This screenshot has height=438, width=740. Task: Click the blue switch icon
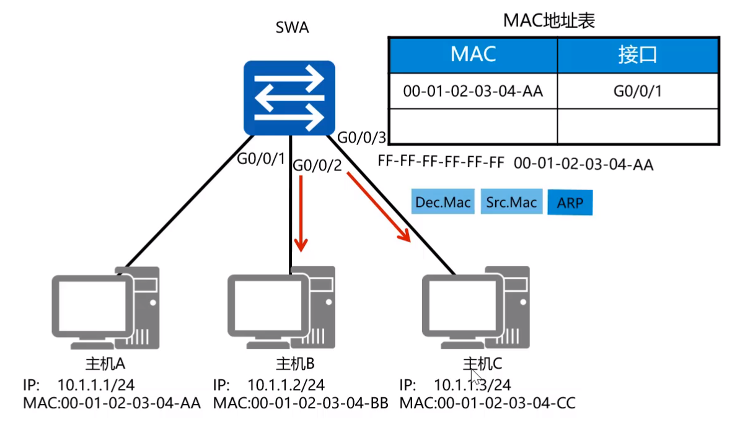pos(289,98)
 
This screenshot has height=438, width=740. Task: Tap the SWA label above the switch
pos(292,28)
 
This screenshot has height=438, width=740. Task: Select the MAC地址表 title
pos(549,21)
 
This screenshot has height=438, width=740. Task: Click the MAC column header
pos(473,55)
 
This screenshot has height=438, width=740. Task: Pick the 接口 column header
pos(637,55)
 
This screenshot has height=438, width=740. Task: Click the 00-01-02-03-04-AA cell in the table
pos(473,92)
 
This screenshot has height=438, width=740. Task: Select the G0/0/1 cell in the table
pos(638,92)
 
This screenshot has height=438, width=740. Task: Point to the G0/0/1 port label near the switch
pos(261,159)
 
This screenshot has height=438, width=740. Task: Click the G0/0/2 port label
pos(317,165)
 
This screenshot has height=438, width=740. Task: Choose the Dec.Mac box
pos(443,203)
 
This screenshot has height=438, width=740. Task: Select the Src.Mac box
pos(511,203)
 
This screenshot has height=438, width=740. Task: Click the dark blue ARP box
pos(570,203)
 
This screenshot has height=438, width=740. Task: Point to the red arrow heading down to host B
pos(301,213)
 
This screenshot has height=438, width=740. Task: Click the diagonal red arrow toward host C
pos(379,207)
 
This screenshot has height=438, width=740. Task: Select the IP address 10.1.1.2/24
pos(286,385)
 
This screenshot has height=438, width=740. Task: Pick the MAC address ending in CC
pos(487,403)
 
